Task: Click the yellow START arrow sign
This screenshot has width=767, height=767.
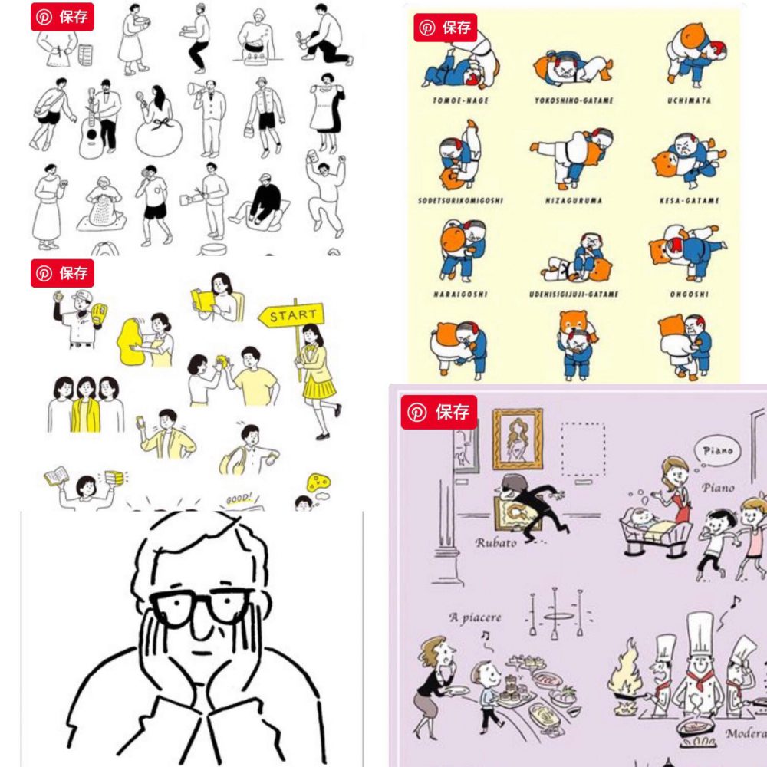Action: [292, 315]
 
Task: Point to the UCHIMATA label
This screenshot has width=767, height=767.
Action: [688, 100]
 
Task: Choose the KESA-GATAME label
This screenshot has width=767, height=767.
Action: [688, 201]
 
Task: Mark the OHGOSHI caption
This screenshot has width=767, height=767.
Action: [688, 295]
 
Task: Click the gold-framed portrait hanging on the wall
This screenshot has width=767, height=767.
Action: [517, 439]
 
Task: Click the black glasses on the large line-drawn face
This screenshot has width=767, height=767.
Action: [201, 607]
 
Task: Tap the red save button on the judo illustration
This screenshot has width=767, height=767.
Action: [446, 28]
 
